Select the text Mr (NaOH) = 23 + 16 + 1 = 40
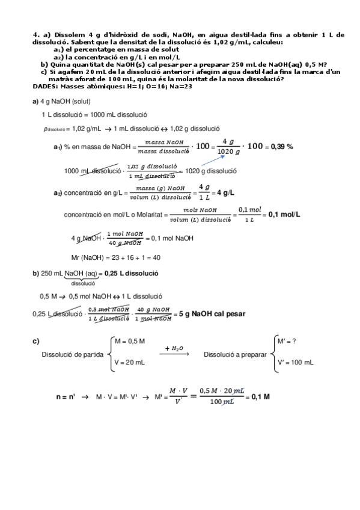pyautogui.click(x=115, y=257)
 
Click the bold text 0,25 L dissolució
pyautogui.click(x=131, y=273)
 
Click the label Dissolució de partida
pyautogui.click(x=72, y=354)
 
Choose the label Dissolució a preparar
pyautogui.click(x=235, y=355)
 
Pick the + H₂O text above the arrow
pyautogui.click(x=174, y=348)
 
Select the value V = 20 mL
pyautogui.click(x=129, y=363)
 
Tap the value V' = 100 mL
pyautogui.click(x=295, y=363)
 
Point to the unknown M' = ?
pyautogui.click(x=287, y=341)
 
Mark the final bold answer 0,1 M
pyautogui.click(x=260, y=397)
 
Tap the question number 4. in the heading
pyautogui.click(x=36, y=35)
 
